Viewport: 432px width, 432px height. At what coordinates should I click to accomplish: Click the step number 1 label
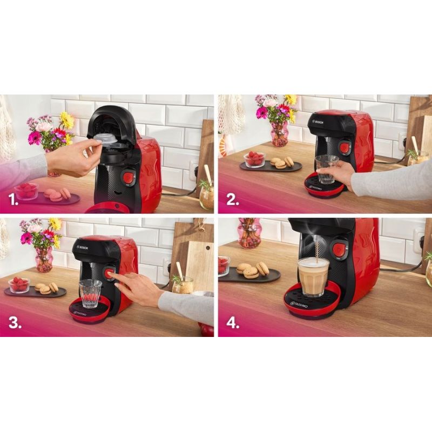pos(13,200)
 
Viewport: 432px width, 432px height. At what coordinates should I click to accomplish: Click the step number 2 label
pos(233,200)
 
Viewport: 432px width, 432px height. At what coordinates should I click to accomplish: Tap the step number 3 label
pos(15,322)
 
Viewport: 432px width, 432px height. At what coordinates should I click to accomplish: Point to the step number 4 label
pos(233,322)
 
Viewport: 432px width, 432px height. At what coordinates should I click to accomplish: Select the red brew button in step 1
pos(127,177)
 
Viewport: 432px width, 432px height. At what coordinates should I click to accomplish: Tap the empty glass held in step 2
pos(327,169)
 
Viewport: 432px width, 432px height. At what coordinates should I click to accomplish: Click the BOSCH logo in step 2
pos(320,122)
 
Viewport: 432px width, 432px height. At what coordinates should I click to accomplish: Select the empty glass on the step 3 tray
pos(90,293)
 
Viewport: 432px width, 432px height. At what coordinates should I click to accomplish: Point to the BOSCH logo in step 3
pos(83,247)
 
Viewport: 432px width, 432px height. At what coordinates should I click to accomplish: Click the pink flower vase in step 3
pos(44,259)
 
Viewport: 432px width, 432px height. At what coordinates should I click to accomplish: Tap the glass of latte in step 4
pos(314,278)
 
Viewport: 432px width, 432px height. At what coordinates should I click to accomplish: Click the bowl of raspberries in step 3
pos(19,285)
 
